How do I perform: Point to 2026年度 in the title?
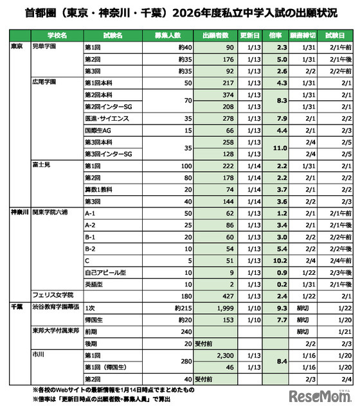pyautogui.click(x=210, y=12)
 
